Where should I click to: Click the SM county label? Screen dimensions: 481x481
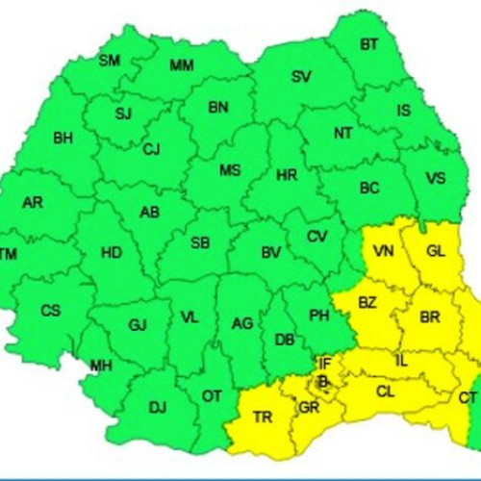pos(110,61)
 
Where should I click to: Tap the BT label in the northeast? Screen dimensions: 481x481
pos(369,44)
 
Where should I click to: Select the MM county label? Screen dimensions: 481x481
pos(181,66)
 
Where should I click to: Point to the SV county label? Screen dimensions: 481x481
pos(301,76)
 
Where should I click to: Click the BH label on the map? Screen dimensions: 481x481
pos(63,139)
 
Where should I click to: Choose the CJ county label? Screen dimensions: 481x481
pos(152,149)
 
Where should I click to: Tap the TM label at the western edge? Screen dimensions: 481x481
pos(9,254)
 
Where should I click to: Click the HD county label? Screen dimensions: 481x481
pos(112,253)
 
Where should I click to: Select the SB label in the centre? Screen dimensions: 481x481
pos(200,242)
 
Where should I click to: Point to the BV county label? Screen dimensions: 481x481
pos(271,253)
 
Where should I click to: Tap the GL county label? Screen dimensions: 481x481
pos(435,251)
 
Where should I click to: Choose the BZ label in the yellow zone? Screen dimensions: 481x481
pos(367,302)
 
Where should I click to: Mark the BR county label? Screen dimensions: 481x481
pos(430,316)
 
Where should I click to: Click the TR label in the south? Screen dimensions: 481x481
pos(262,418)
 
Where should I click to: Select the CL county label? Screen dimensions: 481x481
pos(385,392)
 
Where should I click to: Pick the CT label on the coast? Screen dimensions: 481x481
pos(468,397)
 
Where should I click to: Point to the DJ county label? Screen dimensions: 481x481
pos(157,408)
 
